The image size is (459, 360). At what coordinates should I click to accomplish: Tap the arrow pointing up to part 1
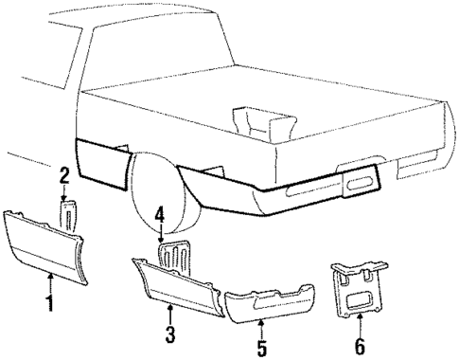tap(49, 280)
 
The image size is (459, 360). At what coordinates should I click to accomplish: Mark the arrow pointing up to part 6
tap(361, 321)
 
